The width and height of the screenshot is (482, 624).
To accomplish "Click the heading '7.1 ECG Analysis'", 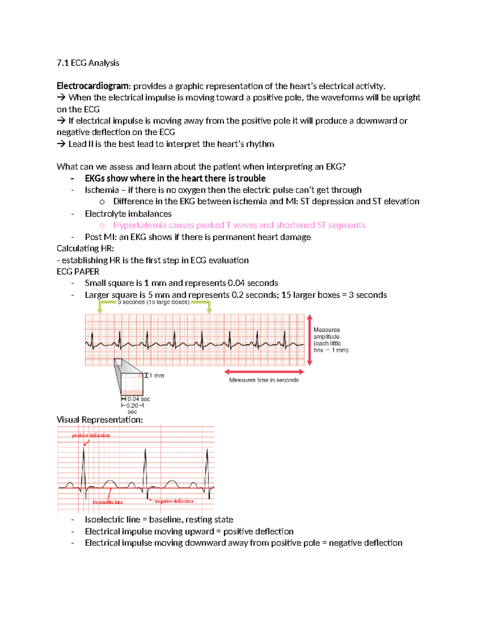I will (x=88, y=63).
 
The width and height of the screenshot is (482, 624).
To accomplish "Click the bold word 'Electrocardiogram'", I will (x=93, y=86).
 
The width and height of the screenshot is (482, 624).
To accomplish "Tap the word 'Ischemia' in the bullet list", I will (x=102, y=190).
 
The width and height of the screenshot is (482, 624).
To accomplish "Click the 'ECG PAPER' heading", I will (x=78, y=272).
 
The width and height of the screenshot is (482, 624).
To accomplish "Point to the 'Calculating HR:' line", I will (x=85, y=248).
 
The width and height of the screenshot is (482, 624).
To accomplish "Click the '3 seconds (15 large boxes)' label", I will (x=153, y=302).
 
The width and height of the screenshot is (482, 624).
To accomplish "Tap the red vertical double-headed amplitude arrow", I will (x=309, y=340).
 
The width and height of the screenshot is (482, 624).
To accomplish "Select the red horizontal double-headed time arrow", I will (x=264, y=372).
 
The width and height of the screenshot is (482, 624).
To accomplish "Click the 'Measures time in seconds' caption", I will (x=264, y=380).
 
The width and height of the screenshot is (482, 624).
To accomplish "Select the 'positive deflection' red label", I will (x=91, y=435).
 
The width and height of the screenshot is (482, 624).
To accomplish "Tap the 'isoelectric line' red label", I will (x=108, y=502).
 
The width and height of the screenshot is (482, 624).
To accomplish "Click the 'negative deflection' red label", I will (x=174, y=501).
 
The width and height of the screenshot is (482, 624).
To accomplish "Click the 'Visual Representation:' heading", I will (x=100, y=420).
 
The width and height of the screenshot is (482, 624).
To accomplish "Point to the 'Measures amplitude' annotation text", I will (x=327, y=333).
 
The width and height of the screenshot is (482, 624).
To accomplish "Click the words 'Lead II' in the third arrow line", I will (x=81, y=144).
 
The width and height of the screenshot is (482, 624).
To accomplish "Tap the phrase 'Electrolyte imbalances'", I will (x=128, y=214).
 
